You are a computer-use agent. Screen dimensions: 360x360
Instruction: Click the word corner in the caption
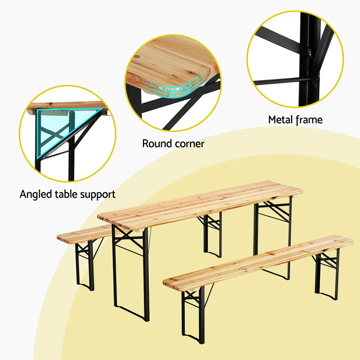(x=189, y=144)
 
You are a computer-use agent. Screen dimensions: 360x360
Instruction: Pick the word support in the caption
(x=98, y=195)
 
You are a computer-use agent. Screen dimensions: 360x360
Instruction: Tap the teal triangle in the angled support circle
(x=54, y=126)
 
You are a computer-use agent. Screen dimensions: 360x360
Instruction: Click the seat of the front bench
(x=257, y=261)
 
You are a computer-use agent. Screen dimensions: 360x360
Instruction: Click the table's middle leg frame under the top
(x=212, y=234)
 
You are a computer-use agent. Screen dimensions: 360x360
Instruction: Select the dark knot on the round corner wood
(x=138, y=57)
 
